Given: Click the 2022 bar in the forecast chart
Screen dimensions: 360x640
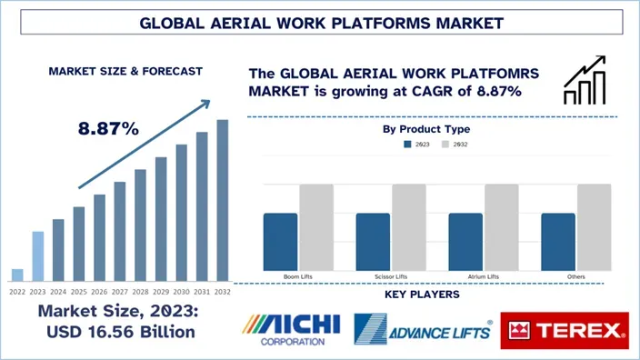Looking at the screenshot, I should tap(17, 275).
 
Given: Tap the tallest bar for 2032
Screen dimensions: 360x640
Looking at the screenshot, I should tap(223, 200).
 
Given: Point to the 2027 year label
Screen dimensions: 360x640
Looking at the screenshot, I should tap(119, 292).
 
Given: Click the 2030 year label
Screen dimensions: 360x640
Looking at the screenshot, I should tap(181, 292).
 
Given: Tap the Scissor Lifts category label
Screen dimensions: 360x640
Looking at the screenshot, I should tap(390, 275).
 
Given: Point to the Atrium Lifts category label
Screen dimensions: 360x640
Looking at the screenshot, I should tap(483, 275).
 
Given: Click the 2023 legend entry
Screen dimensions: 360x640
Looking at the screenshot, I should tap(417, 145).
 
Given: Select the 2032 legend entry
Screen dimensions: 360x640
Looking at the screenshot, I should tap(455, 145).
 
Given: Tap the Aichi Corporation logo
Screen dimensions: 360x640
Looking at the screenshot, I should tap(292, 330).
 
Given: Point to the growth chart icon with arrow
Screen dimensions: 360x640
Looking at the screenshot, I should tap(585, 80).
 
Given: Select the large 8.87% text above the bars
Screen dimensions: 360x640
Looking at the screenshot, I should tap(108, 128).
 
